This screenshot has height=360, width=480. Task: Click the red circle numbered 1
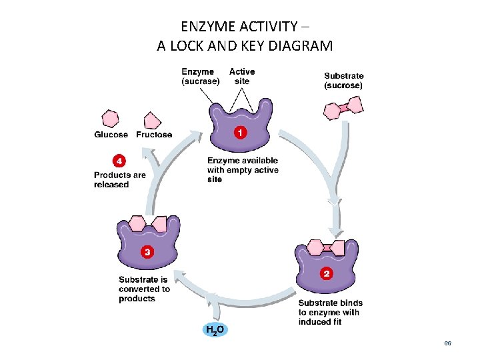pyautogui.click(x=239, y=132)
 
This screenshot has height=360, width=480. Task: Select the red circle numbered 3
pyautogui.click(x=147, y=251)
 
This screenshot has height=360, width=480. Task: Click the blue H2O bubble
pyautogui.click(x=215, y=329)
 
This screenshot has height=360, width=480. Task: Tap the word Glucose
pyautogui.click(x=111, y=135)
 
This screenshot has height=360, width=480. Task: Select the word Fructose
pyautogui.click(x=154, y=135)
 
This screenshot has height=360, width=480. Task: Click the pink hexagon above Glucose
pyautogui.click(x=110, y=119)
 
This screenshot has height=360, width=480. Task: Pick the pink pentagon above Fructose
pyautogui.click(x=153, y=120)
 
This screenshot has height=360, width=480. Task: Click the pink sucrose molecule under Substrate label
pyautogui.click(x=343, y=107)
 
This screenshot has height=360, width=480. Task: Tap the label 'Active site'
pyautogui.click(x=242, y=76)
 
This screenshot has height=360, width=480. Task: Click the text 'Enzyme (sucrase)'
pyautogui.click(x=200, y=76)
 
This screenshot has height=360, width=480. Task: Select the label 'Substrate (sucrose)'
pyautogui.click(x=343, y=81)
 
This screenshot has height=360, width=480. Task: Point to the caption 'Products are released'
pyautogui.click(x=120, y=180)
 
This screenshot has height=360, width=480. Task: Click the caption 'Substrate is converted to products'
pyautogui.click(x=144, y=289)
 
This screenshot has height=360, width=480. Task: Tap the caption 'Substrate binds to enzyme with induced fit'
pyautogui.click(x=329, y=312)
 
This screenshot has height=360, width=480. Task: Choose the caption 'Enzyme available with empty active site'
pyautogui.click(x=243, y=170)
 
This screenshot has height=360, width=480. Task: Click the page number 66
pyautogui.click(x=448, y=343)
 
